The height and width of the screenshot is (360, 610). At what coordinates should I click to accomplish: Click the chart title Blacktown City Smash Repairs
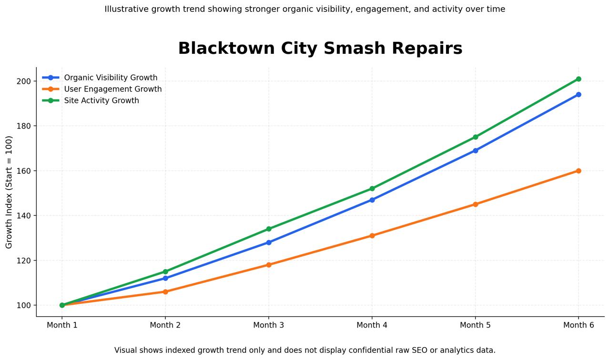click(x=320, y=49)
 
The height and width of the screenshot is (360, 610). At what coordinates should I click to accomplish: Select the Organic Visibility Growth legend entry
click(x=111, y=78)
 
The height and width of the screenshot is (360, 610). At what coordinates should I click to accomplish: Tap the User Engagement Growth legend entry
click(x=113, y=89)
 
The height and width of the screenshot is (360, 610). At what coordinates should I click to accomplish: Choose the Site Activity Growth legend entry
click(x=102, y=100)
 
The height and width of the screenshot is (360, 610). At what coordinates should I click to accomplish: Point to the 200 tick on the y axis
click(x=23, y=81)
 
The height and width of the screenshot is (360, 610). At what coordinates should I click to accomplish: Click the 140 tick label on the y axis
click(x=23, y=216)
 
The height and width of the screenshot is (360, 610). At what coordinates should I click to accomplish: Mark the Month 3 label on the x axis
click(x=268, y=325)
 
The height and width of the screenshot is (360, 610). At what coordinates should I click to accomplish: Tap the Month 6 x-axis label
click(x=578, y=325)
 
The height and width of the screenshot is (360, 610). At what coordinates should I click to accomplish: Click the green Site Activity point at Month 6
click(x=578, y=79)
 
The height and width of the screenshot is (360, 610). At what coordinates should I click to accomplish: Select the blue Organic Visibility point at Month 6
click(x=578, y=95)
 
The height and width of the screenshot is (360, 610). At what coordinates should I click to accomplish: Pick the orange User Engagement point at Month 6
click(x=578, y=171)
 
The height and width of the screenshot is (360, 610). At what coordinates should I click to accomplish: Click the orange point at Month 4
click(x=372, y=236)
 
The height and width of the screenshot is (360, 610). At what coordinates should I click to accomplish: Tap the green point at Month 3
click(x=269, y=229)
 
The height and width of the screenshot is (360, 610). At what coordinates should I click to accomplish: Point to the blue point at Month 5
click(x=475, y=150)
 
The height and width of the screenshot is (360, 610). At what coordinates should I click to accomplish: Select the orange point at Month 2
click(x=165, y=292)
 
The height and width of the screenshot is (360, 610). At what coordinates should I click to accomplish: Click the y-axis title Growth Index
click(x=9, y=192)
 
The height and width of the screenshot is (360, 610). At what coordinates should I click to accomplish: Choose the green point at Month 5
click(x=475, y=137)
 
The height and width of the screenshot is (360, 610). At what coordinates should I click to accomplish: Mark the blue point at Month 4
click(x=372, y=200)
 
